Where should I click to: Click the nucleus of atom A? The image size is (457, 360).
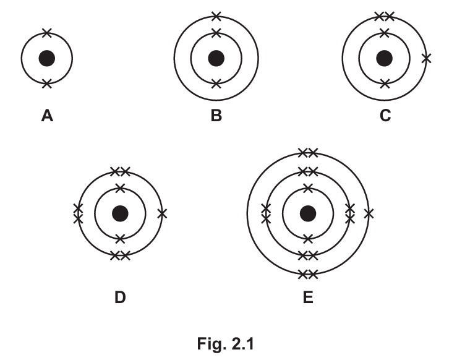(47, 59)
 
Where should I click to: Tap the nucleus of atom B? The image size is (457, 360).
(216, 59)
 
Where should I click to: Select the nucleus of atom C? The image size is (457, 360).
(385, 59)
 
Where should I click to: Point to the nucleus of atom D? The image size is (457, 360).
(120, 213)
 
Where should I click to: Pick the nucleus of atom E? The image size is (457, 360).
(307, 213)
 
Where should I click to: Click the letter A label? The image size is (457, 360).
(47, 116)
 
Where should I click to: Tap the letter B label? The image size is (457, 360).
(216, 116)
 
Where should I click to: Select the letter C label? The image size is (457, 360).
(385, 116)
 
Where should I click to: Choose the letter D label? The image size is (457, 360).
(120, 298)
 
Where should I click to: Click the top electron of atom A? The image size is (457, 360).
(47, 33)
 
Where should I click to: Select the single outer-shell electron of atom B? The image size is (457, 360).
(216, 16)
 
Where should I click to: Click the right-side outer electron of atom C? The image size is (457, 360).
(426, 59)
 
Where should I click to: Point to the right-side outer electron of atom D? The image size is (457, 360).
(162, 213)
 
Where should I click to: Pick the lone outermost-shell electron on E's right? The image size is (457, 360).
(369, 213)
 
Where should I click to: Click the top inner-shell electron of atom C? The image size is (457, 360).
(385, 33)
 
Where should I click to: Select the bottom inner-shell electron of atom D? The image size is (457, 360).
(120, 238)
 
